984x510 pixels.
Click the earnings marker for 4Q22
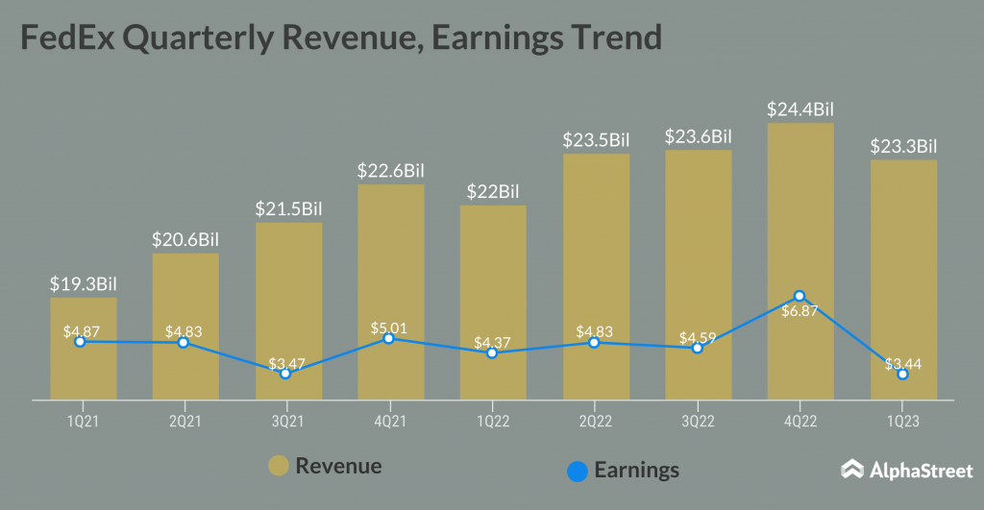pos(799,296)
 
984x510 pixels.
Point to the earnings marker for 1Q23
pos(902,374)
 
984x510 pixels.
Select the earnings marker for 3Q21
pos(285,373)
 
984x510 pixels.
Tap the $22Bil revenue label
pos(492,191)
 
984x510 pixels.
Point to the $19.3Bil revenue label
pos(84,284)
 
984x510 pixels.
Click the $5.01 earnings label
pos(388,328)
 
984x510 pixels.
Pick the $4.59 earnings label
pos(698,338)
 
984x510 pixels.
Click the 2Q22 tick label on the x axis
pos(595,421)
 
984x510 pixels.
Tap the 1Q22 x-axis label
pos(492,421)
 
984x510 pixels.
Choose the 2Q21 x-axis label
pos(184,421)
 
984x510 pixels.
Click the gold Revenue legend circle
pos(280,468)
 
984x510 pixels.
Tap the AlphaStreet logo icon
pos(851,470)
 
